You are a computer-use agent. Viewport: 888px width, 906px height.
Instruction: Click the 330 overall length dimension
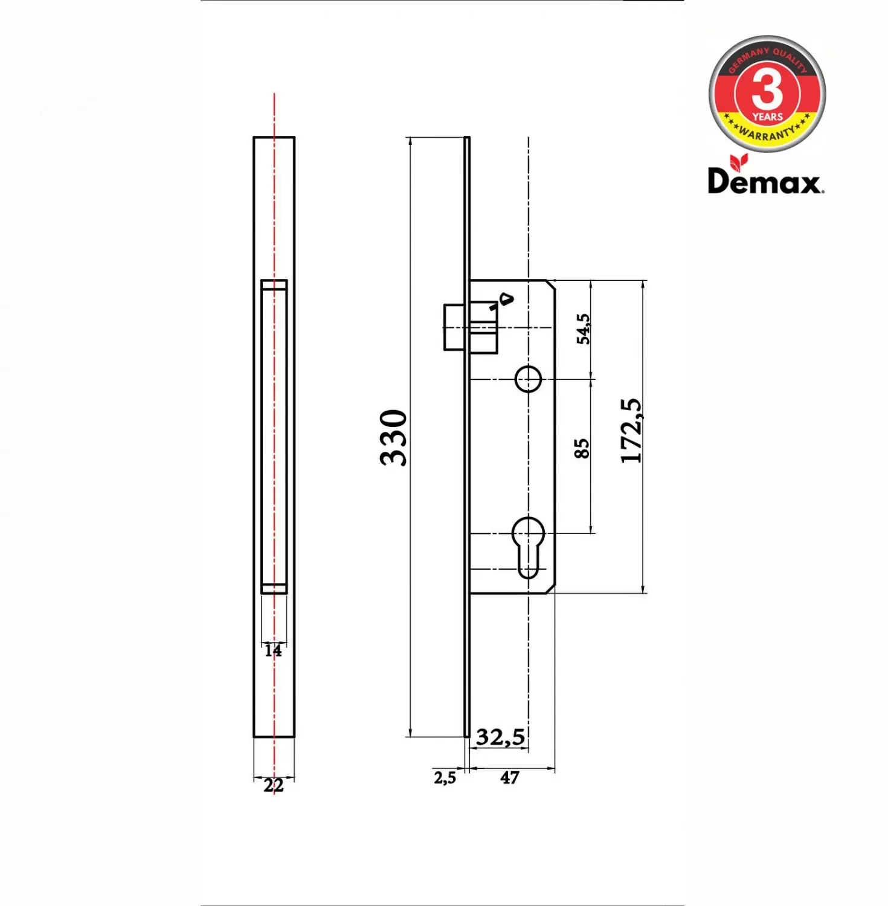coord(393,437)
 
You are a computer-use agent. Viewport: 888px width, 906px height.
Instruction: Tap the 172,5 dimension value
coord(631,431)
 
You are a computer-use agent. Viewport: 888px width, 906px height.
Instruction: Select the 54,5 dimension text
coord(583,329)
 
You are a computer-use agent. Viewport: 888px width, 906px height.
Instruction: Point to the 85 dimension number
coord(581,449)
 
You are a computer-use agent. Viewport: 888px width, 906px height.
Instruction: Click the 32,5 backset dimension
coord(500,737)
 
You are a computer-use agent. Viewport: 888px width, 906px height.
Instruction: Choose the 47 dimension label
coord(509,777)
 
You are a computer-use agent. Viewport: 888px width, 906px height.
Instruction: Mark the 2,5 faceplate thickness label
coord(445,778)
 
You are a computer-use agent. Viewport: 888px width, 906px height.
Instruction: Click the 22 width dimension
coord(273,785)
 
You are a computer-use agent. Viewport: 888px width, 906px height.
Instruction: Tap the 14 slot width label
coord(273,651)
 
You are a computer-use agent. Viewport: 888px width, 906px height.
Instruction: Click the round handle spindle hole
coord(528,379)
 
